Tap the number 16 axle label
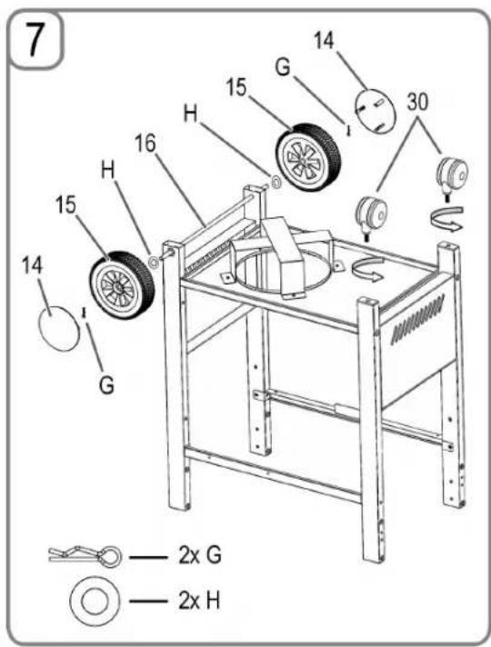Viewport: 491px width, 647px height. pos(145,144)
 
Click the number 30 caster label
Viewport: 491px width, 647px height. pos(417,102)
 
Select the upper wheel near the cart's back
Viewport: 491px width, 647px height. pos(308,157)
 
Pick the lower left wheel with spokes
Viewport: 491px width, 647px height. pos(122,284)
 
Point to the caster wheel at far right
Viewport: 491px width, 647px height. pos(453,175)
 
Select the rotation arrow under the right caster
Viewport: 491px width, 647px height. pos(446,219)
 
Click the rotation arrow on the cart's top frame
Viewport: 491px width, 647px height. pos(368,270)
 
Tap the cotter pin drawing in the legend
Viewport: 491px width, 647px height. pos(85,557)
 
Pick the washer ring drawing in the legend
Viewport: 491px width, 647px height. pos(95,602)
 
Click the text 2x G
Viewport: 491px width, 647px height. pos(200,556)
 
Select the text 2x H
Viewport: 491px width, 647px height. pos(199,601)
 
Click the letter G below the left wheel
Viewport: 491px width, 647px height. pos(106,385)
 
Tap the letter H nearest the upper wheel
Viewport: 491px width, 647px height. pos(190,113)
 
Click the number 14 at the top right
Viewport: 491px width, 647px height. pos(324,41)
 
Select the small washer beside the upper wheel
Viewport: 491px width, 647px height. pos(276,181)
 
